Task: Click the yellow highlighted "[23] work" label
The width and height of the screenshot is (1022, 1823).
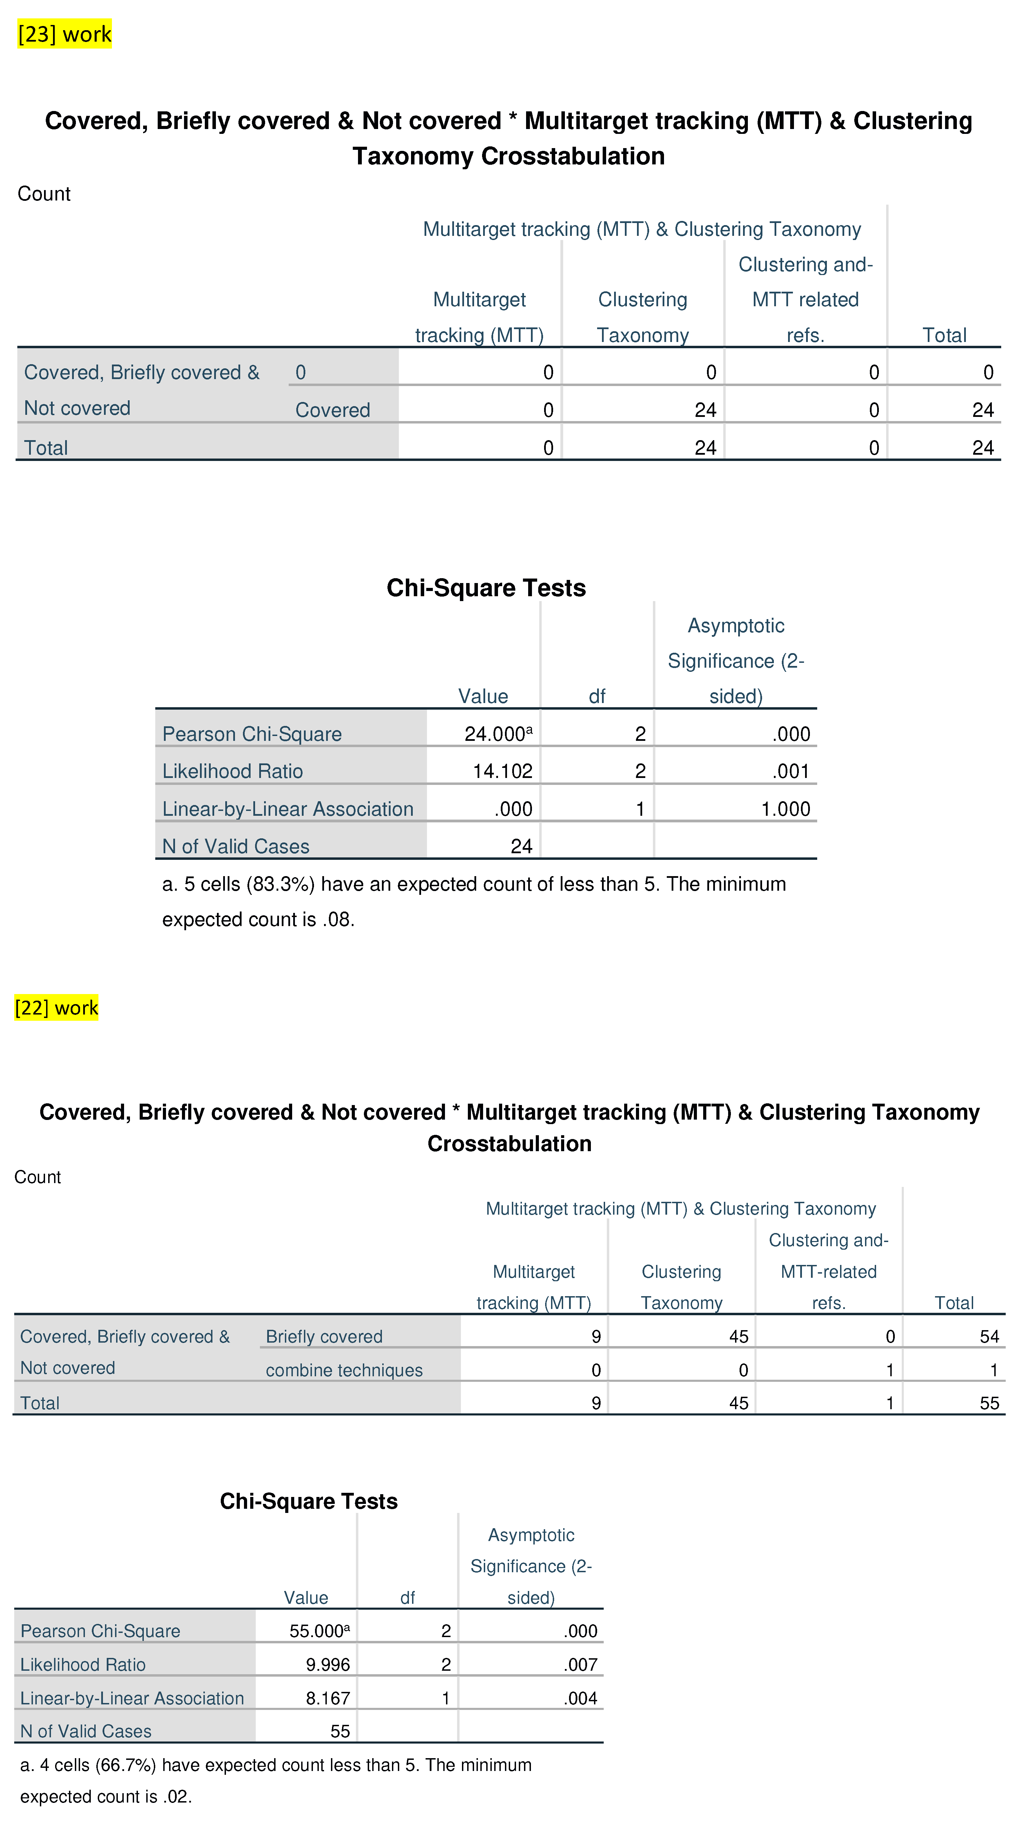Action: click(x=64, y=34)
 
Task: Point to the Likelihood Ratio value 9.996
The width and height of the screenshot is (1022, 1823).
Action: click(x=327, y=1664)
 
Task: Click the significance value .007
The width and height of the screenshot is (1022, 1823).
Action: click(x=581, y=1664)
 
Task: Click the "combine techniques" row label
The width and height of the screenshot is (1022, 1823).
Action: click(x=344, y=1370)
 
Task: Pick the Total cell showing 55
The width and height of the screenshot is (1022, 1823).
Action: click(x=989, y=1403)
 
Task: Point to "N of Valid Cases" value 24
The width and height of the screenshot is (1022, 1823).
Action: click(x=521, y=846)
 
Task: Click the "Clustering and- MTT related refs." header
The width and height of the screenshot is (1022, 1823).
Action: click(x=806, y=299)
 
